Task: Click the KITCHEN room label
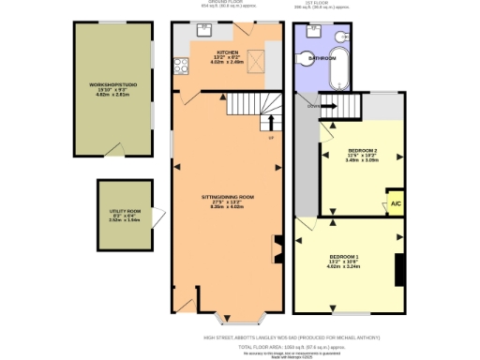(228, 53)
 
